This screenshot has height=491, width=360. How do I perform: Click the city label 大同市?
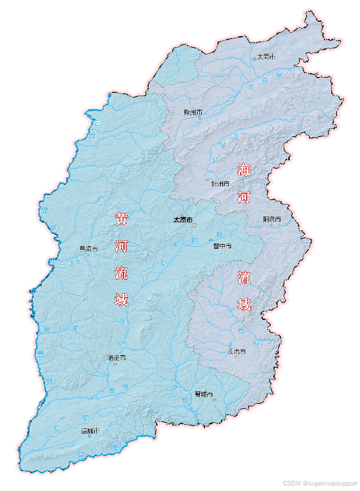pyautogui.click(x=267, y=57)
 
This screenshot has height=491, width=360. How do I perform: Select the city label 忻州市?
pyautogui.click(x=221, y=183)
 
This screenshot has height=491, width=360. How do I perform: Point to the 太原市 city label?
pyautogui.click(x=182, y=220)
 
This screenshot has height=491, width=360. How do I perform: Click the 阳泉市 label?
pyautogui.click(x=272, y=219)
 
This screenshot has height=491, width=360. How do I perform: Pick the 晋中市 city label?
pyautogui.click(x=222, y=245)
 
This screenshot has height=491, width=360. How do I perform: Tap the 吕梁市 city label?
pyautogui.click(x=89, y=249)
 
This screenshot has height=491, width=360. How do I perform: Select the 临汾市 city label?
pyautogui.click(x=117, y=357)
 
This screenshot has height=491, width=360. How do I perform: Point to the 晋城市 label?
pyautogui.click(x=204, y=394)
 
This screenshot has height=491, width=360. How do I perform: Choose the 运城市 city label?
pyautogui.click(x=90, y=430)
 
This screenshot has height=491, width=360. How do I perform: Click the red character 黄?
pyautogui.click(x=121, y=219)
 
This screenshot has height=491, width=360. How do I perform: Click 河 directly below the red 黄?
pyautogui.click(x=121, y=246)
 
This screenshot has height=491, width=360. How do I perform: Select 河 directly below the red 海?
pyautogui.click(x=244, y=198)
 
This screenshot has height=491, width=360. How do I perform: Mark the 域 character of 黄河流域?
pyautogui.click(x=121, y=300)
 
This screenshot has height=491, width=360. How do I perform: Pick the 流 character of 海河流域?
pyautogui.click(x=244, y=277)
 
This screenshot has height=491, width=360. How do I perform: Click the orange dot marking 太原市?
pyautogui.click(x=194, y=224)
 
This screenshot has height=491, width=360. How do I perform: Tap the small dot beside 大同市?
pyautogui.click(x=255, y=59)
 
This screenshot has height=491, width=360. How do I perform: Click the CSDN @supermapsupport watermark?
pyautogui.click(x=319, y=483)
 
